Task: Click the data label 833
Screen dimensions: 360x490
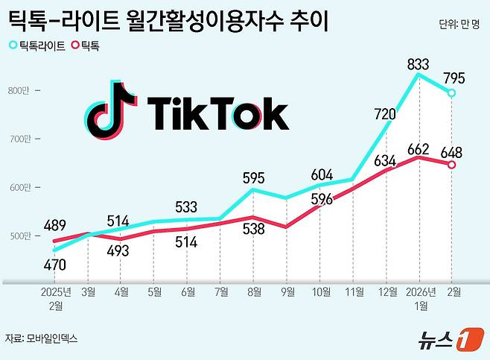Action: [419, 65]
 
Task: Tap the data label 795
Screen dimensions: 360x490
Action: [454, 78]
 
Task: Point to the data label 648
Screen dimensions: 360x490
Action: [453, 152]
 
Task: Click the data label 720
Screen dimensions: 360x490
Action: [387, 114]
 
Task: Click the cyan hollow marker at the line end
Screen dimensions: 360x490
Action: [451, 93]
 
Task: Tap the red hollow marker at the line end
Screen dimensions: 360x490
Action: [451, 165]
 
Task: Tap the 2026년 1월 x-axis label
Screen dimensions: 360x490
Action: [419, 299]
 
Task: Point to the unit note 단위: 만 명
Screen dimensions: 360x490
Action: [460, 24]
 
